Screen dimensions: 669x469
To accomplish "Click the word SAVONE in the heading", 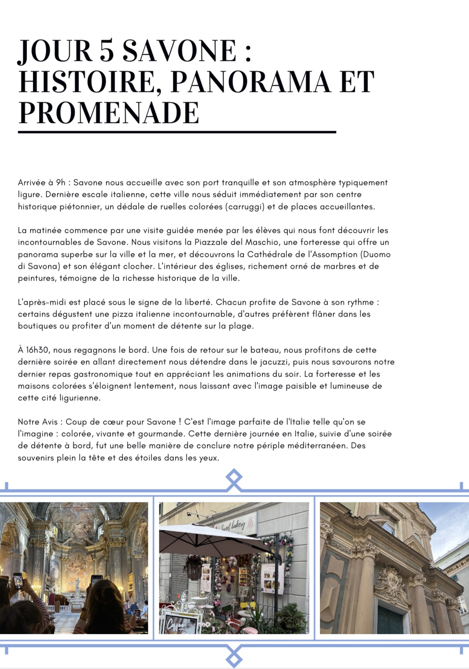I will coord(179,51).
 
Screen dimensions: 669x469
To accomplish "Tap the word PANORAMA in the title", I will coord(250,82).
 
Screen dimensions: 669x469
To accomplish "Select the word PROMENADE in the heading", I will coord(109,113).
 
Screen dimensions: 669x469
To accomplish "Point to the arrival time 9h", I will coord(61,183).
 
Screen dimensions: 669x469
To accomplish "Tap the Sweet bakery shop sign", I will coord(233,525).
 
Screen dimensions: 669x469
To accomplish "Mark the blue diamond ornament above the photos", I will coord(234,478).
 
